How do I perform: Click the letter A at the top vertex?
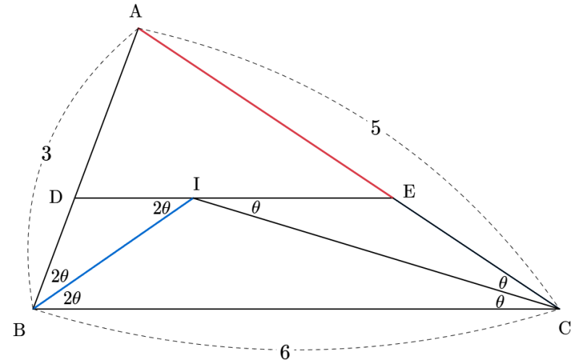click(135, 12)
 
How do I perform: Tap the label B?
click(20, 330)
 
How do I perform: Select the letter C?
click(565, 328)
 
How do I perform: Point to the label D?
click(56, 197)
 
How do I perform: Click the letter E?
click(409, 192)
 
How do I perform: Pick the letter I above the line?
click(196, 184)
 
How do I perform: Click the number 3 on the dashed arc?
click(46, 154)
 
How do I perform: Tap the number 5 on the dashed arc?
click(375, 128)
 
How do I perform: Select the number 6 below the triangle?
click(284, 352)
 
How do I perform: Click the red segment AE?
click(265, 113)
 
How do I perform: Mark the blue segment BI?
click(113, 254)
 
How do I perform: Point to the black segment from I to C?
click(376, 253)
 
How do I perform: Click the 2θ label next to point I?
click(161, 209)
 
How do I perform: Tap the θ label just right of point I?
click(256, 208)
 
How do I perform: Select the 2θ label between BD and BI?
click(60, 276)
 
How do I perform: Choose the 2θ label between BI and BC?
click(72, 298)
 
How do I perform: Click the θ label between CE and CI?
click(503, 283)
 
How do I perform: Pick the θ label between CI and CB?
click(499, 302)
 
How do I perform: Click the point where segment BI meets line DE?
click(193, 198)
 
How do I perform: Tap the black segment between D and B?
click(54, 254)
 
